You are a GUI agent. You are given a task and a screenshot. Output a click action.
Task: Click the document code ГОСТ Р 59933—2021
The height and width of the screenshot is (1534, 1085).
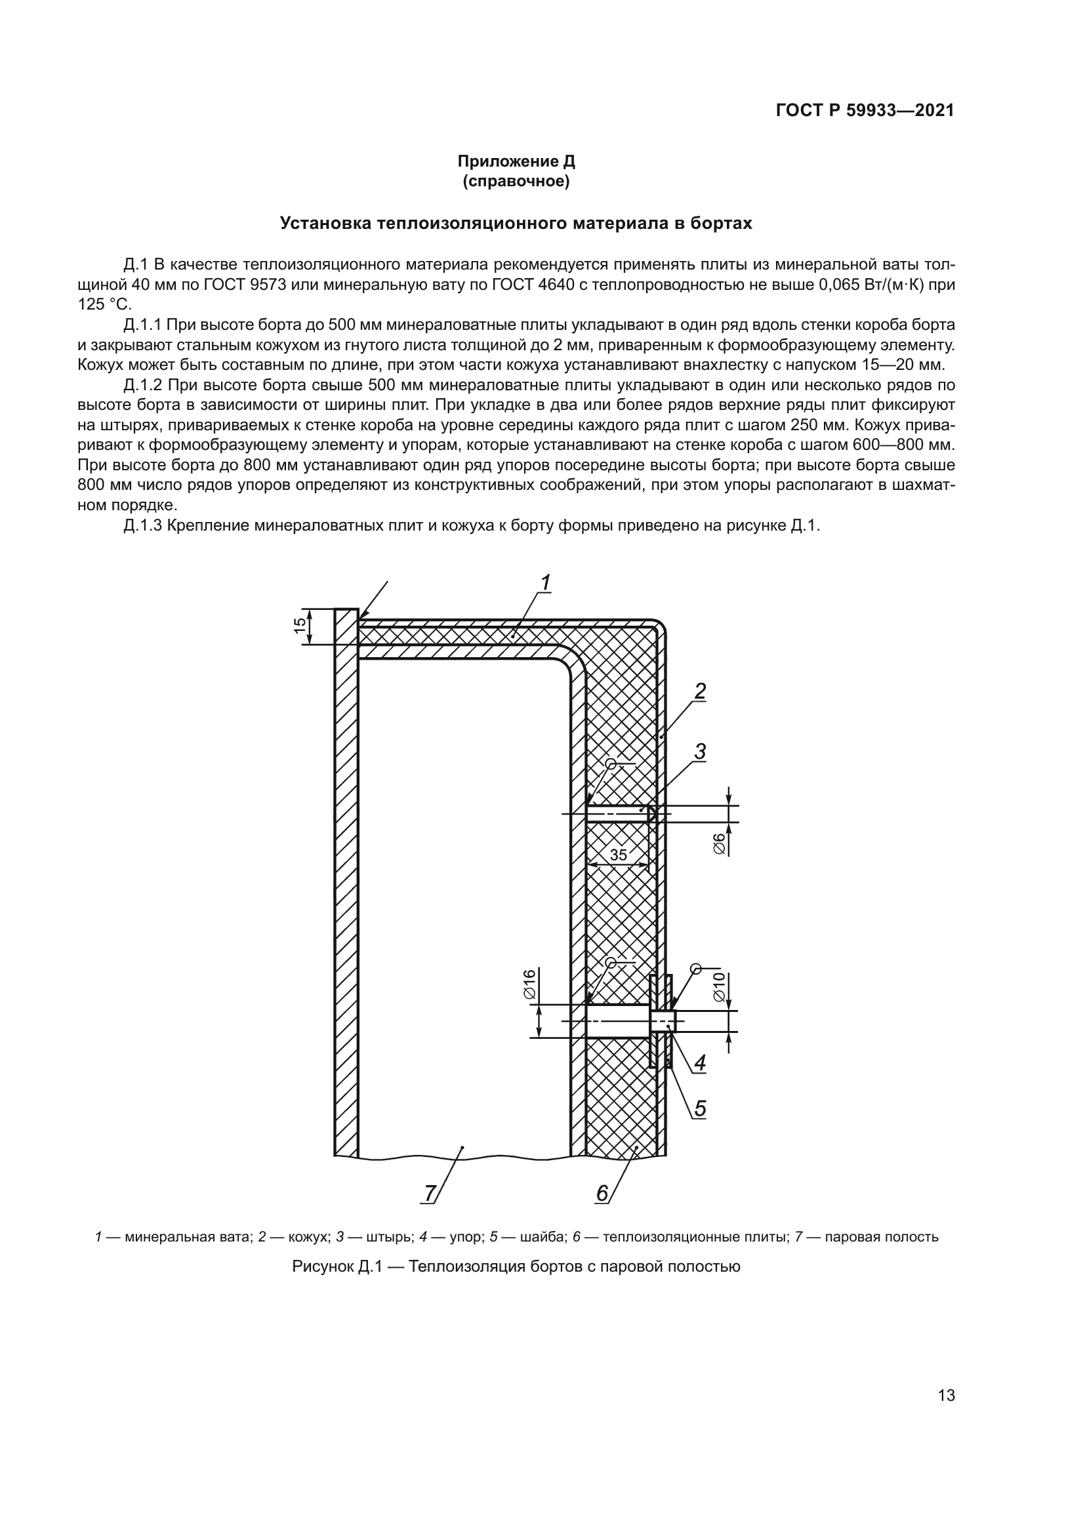pos(865,111)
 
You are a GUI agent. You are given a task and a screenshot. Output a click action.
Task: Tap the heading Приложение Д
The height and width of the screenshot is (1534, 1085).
pos(516,161)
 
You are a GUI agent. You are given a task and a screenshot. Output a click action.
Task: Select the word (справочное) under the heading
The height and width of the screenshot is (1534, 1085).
pos(516,181)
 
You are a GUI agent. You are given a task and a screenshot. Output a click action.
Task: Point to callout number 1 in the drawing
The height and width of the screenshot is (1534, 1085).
pos(545,582)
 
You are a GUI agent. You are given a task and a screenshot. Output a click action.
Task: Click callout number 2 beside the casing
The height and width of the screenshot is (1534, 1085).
pos(699,691)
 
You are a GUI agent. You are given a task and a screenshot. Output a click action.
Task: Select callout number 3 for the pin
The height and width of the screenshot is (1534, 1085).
pos(699,752)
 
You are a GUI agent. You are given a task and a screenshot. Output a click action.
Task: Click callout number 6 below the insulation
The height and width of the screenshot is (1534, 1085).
pos(602,1192)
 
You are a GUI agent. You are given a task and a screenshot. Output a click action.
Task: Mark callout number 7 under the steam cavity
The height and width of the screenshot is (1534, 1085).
pos(430,1192)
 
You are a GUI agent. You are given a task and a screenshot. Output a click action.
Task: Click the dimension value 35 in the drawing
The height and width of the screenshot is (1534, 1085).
pos(619,855)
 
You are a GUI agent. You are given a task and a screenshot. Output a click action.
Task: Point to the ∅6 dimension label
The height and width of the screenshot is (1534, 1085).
pos(720,843)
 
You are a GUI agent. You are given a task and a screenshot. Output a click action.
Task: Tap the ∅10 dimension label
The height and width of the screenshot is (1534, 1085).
pos(720,986)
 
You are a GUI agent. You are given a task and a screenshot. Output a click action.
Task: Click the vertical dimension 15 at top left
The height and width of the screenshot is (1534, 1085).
pos(300,626)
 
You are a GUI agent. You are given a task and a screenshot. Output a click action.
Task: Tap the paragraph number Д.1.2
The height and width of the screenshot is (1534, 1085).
pos(143,386)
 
